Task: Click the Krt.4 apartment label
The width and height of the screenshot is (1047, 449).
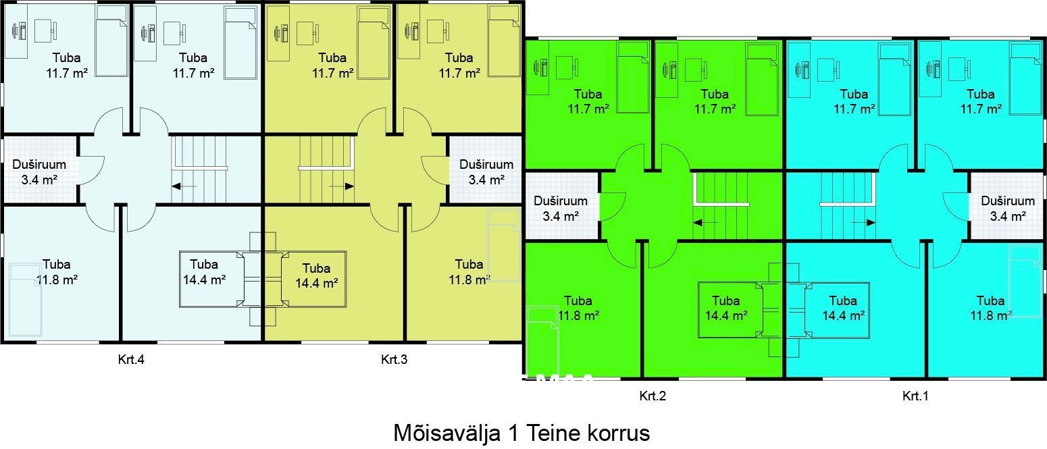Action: [131, 360]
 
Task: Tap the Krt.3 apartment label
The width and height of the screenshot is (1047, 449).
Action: [394, 360]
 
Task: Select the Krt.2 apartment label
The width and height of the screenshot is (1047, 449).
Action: [653, 396]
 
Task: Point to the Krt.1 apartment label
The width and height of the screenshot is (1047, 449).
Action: [915, 396]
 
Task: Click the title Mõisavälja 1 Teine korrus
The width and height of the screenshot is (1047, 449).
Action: [521, 432]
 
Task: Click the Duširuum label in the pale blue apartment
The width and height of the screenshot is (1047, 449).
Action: [39, 164]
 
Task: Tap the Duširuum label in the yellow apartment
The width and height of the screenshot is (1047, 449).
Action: [486, 164]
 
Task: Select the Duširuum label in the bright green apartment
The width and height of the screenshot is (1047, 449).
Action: [561, 201]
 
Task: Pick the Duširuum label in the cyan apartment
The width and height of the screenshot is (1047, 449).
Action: [1008, 201]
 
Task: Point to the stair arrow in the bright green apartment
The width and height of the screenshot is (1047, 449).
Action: [706, 222]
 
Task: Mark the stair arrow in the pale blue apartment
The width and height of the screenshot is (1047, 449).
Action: [184, 186]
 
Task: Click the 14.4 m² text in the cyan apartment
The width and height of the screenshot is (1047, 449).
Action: [843, 315]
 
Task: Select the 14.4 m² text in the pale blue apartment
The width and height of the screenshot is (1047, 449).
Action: [204, 278]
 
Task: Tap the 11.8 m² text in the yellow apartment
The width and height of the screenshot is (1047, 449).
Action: [469, 278]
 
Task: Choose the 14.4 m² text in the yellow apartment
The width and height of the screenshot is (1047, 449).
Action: [316, 284]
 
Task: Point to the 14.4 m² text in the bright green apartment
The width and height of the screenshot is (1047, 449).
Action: [725, 315]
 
